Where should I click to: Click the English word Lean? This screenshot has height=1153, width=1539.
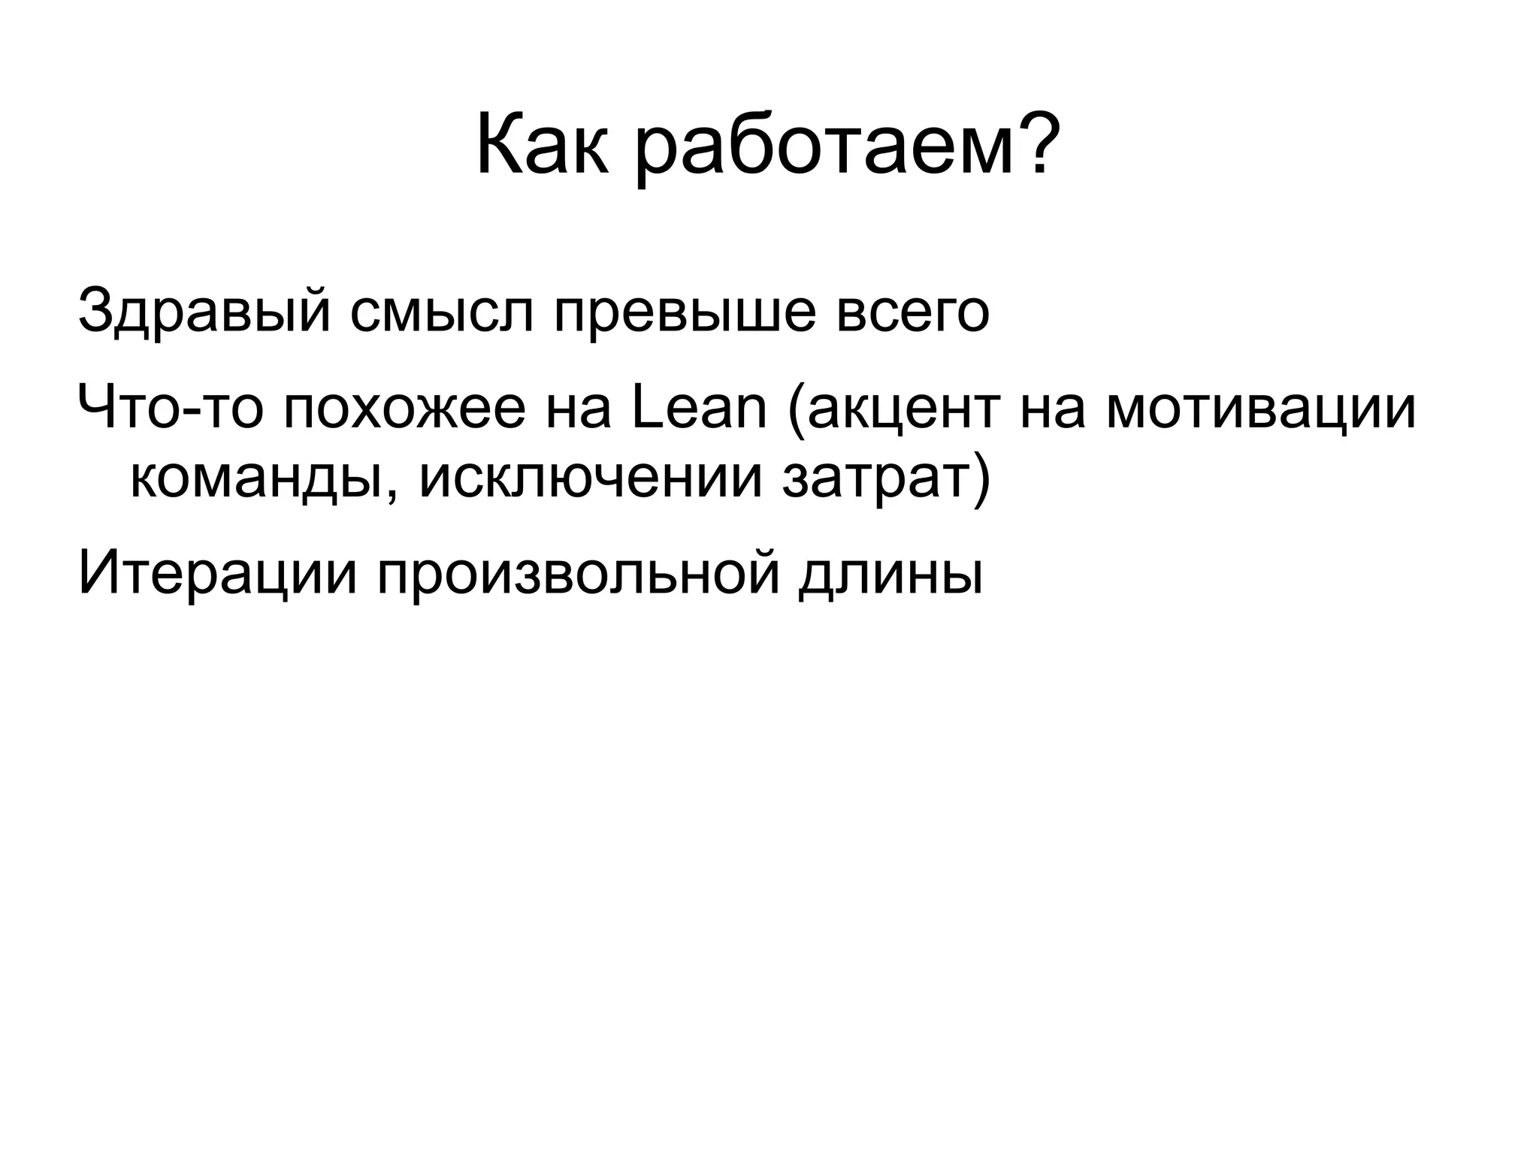699,409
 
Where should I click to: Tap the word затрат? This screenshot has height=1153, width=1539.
876,481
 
